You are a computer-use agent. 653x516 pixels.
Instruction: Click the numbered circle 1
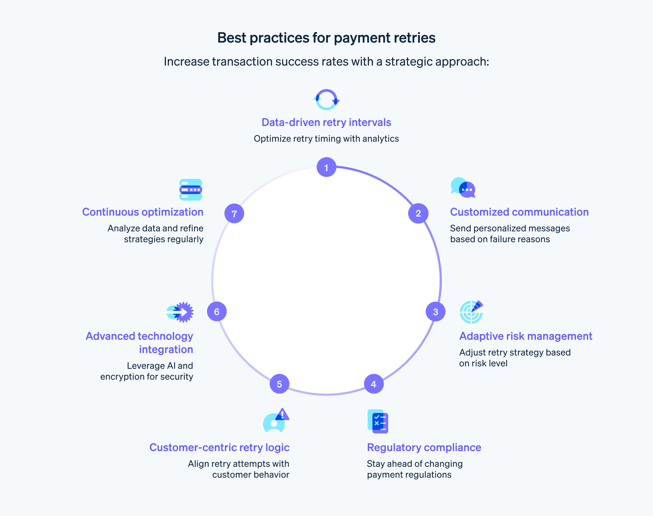(x=326, y=167)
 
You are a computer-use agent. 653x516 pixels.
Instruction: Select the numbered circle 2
(x=418, y=213)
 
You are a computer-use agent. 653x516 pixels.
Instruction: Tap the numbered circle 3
(x=435, y=311)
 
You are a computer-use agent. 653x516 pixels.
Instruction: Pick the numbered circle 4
(x=374, y=384)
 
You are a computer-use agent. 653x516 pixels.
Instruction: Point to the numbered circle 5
(x=279, y=384)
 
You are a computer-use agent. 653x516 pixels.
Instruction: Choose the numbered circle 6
(x=217, y=311)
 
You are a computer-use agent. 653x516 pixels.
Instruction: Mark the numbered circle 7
(x=234, y=213)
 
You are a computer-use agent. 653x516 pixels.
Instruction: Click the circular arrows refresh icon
(x=326, y=99)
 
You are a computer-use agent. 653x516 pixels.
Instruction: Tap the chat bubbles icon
(x=463, y=188)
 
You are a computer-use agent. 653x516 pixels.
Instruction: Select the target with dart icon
(x=471, y=312)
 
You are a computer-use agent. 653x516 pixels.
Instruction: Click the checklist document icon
(x=378, y=421)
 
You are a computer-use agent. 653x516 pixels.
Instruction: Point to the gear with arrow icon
(x=180, y=312)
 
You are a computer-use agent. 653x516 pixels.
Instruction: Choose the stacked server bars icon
(x=190, y=190)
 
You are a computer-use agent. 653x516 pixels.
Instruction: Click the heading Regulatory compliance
(x=424, y=447)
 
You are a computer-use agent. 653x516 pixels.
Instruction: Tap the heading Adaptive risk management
(x=525, y=336)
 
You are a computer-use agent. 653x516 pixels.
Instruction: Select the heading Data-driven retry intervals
(x=326, y=122)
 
